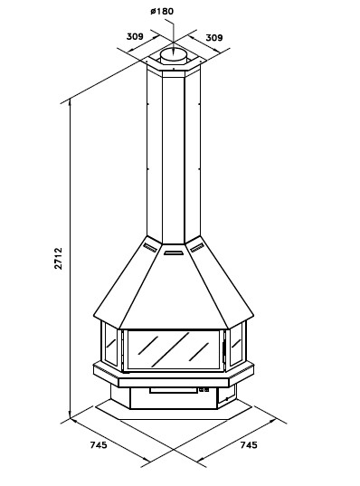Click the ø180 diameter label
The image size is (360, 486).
click(162, 12)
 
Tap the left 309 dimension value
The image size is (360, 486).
click(135, 36)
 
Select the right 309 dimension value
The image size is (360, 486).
click(214, 37)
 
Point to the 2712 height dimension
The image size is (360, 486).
click(59, 258)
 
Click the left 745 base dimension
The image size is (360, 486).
click(99, 444)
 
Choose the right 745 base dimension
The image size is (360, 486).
click(249, 444)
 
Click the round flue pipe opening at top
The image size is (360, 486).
click(174, 55)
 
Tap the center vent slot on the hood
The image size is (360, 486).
click(174, 253)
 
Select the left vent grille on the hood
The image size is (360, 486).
click(150, 247)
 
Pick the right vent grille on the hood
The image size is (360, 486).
click(197, 247)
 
